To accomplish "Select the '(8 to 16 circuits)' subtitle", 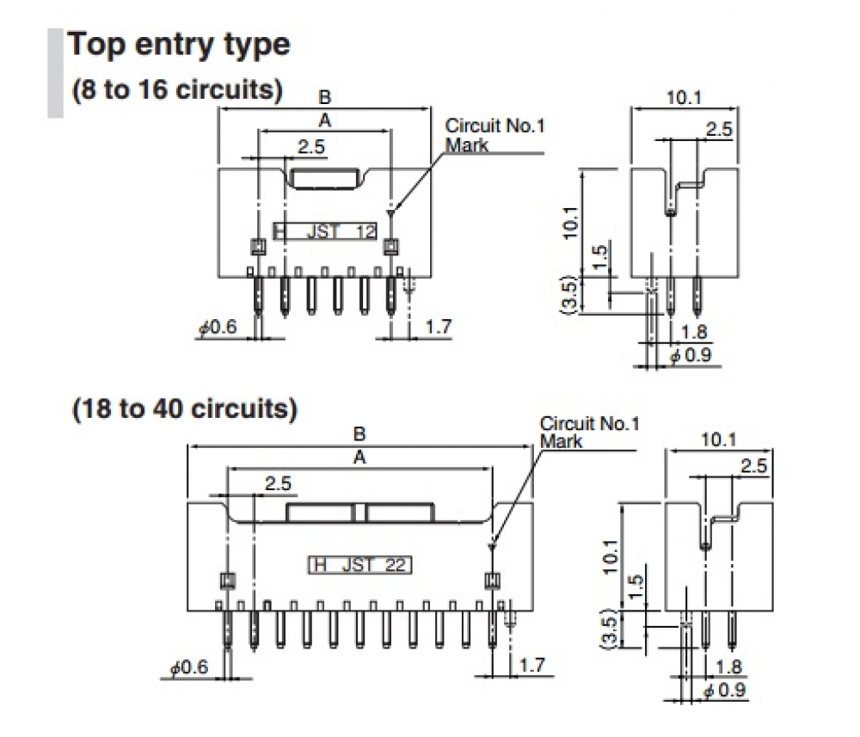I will click(177, 91).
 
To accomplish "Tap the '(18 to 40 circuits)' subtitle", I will click(184, 409).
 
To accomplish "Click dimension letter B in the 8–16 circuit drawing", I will click(325, 96).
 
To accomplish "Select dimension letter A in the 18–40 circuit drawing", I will click(359, 458).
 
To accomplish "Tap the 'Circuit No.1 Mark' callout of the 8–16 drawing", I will click(494, 135).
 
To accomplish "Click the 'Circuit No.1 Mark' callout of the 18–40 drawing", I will click(589, 432).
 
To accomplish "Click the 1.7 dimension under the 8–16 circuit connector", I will click(439, 327).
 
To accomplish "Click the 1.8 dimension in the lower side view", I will click(727, 666).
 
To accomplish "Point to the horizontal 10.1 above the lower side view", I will click(718, 439).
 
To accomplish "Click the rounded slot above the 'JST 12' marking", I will click(326, 178).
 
